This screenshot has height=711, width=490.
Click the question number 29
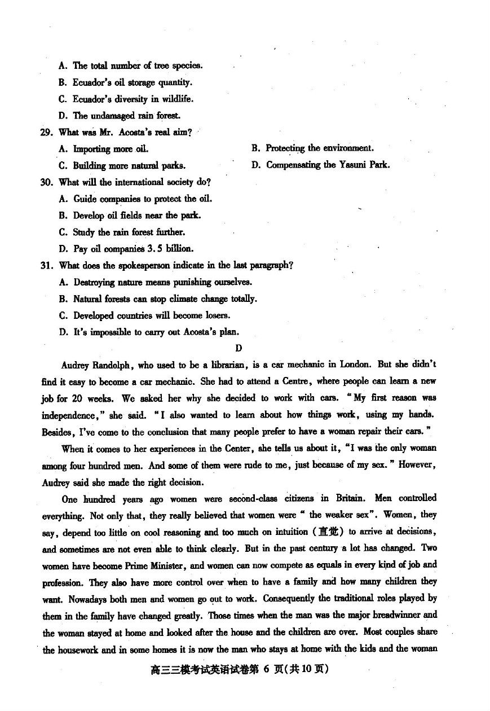click(x=47, y=133)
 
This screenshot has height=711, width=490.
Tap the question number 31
click(x=47, y=266)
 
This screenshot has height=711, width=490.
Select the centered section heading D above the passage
click(x=239, y=348)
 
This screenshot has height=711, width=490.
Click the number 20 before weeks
click(x=77, y=398)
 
